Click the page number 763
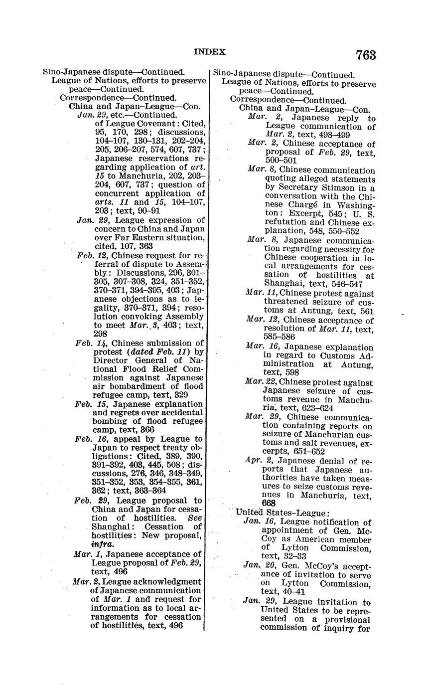(x=366, y=55)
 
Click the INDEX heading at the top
(x=209, y=52)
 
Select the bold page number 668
(x=269, y=503)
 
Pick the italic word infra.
(x=102, y=544)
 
